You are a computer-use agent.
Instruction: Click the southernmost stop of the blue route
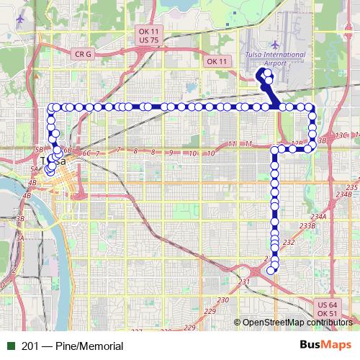point(271,270)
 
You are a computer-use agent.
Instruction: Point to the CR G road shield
point(83,53)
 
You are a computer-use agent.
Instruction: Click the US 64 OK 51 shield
point(328,309)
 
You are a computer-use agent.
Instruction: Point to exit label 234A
point(319,216)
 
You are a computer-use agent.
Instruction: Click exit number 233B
point(307,226)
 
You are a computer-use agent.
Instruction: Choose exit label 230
point(223,300)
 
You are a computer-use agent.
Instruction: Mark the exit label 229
point(210,310)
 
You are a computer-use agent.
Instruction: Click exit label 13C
point(341,135)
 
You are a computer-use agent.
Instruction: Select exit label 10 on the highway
point(192,153)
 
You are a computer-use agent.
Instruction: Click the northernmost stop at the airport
point(267,73)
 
